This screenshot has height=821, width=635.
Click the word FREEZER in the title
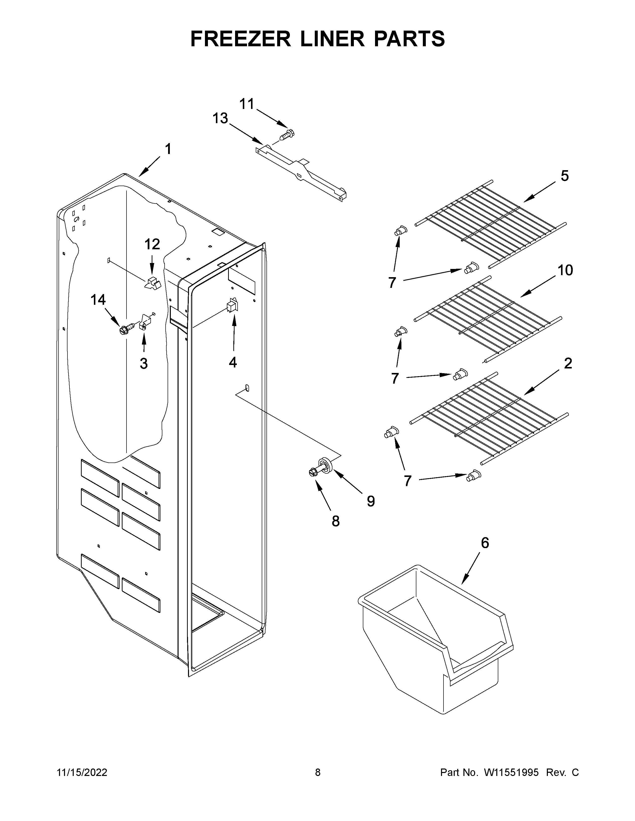[x=241, y=39]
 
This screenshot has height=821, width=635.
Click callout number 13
[x=220, y=118]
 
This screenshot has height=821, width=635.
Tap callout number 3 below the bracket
[x=144, y=363]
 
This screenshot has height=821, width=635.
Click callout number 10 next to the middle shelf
[x=565, y=270]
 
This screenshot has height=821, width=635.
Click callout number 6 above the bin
[x=485, y=543]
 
